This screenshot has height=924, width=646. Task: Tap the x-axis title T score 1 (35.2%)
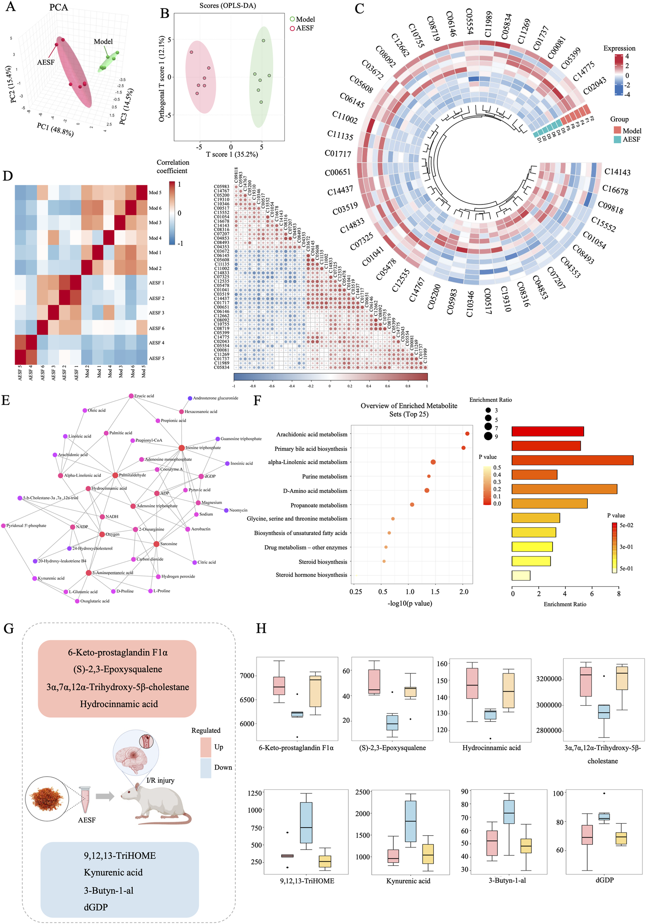pos(232,154)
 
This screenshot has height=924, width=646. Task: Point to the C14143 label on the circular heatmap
pos(617,172)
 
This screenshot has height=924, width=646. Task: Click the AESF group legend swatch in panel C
pos(617,139)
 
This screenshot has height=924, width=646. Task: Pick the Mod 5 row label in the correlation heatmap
pos(155,192)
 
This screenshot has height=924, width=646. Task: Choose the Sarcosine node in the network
pos(156,544)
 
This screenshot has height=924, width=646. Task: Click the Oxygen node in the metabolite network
pos(102,534)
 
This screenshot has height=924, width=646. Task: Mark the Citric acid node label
pos(206,562)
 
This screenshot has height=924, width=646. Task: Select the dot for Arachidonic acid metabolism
pos(467,434)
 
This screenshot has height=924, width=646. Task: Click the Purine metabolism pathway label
pos(324,476)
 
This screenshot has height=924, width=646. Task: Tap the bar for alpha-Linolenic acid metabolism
pos(572,460)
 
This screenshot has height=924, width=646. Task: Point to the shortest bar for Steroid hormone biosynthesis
pos(521,576)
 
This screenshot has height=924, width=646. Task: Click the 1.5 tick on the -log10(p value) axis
pos(435,592)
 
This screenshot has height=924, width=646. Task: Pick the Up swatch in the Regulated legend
pos(206,747)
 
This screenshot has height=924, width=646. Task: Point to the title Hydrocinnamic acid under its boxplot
pos(491,748)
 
